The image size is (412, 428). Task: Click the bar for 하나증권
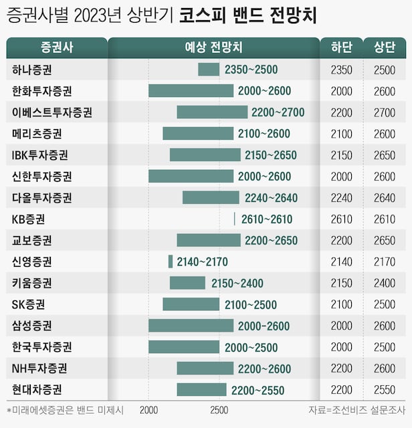point(209,70)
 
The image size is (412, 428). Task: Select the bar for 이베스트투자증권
point(212,112)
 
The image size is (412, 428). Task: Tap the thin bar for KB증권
point(234,219)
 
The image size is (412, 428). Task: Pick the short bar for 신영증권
point(171,261)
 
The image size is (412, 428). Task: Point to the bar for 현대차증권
point(201,389)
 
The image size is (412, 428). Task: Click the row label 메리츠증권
point(37,134)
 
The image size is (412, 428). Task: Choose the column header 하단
point(340,47)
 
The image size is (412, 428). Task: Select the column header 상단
point(384,47)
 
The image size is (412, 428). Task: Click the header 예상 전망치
point(213,47)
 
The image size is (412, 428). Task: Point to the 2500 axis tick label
point(219,410)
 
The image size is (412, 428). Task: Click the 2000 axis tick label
point(148,410)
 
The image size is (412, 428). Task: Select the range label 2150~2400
point(237,283)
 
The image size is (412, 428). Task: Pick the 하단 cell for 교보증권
point(340,240)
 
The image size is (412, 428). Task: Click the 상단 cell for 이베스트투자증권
point(384,112)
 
